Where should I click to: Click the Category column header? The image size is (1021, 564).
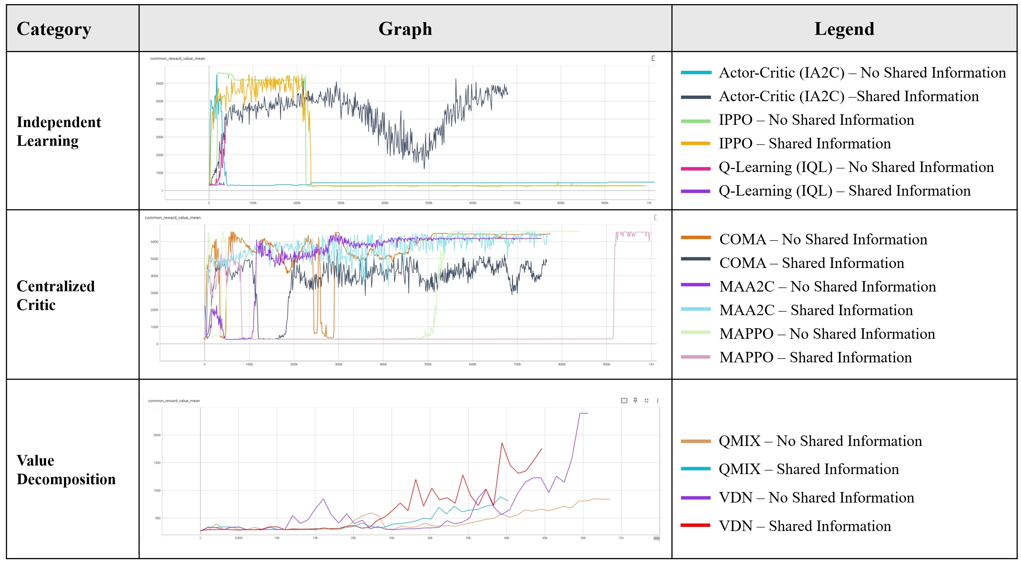tap(54, 29)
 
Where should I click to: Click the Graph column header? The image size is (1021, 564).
tap(405, 29)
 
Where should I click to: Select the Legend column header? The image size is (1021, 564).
tap(844, 29)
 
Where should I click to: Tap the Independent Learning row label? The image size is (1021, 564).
tap(59, 131)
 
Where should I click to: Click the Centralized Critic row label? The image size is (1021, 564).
tap(55, 295)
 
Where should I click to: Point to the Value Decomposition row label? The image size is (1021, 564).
tap(66, 470)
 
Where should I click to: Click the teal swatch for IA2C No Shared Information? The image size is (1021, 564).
tap(696, 73)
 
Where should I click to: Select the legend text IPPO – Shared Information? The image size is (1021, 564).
tap(804, 144)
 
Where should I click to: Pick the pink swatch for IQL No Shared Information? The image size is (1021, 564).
tap(696, 168)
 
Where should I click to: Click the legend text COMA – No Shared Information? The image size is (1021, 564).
tap(823, 239)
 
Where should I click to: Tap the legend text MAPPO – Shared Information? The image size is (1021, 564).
tap(815, 358)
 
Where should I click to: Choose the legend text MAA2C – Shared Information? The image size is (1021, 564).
tap(816, 310)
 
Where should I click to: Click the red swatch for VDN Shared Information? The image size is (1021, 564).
tap(696, 525)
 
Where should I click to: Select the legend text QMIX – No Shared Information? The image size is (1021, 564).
tap(820, 441)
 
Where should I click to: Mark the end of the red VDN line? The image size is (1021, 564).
tap(541, 449)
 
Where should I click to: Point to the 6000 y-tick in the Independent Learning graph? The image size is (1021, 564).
tap(159, 84)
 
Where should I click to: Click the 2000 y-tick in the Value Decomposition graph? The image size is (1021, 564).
tap(157, 435)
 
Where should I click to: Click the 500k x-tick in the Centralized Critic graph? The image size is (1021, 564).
tap(428, 364)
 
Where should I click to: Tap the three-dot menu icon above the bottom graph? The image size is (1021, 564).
tap(658, 401)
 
